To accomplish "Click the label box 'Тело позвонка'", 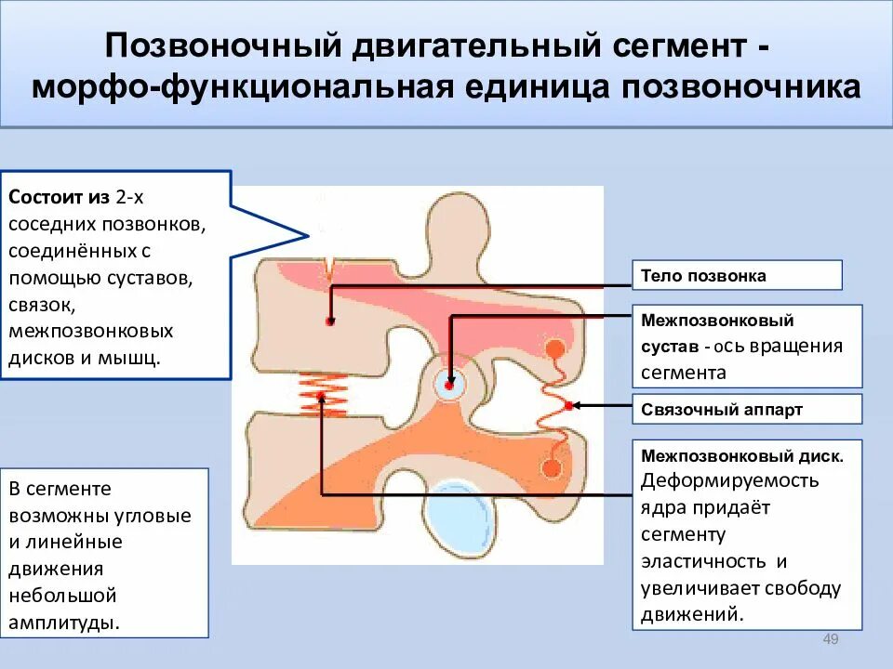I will click(x=737, y=276).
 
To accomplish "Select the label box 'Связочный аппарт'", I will click(x=747, y=409).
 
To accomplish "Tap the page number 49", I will click(x=832, y=638).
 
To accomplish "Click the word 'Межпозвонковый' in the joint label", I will click(x=717, y=321).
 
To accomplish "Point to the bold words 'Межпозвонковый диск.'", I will click(x=742, y=457).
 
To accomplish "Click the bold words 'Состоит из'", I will click(x=60, y=198).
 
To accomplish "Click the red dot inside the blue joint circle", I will click(x=450, y=384).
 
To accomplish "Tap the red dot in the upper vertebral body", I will click(x=329, y=321).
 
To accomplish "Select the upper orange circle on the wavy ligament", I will click(x=554, y=348).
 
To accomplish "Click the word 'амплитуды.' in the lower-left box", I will click(x=65, y=622).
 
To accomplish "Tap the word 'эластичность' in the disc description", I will click(x=704, y=561).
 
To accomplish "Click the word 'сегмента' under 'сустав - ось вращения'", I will click(x=684, y=374).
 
